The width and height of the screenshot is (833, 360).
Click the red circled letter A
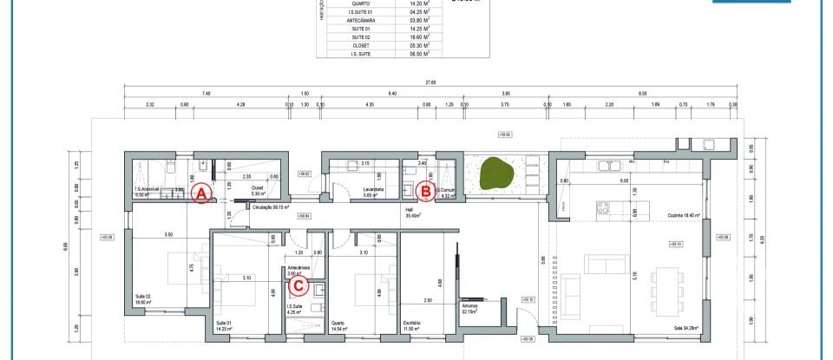[x=202, y=193]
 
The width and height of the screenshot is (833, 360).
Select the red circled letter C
[x=298, y=283]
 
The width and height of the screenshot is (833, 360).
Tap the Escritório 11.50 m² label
[x=411, y=327]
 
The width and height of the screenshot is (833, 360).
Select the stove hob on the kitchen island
[x=601, y=207]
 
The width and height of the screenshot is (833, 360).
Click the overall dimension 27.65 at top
[x=430, y=82]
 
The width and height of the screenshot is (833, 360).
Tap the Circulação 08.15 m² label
[x=269, y=207]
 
